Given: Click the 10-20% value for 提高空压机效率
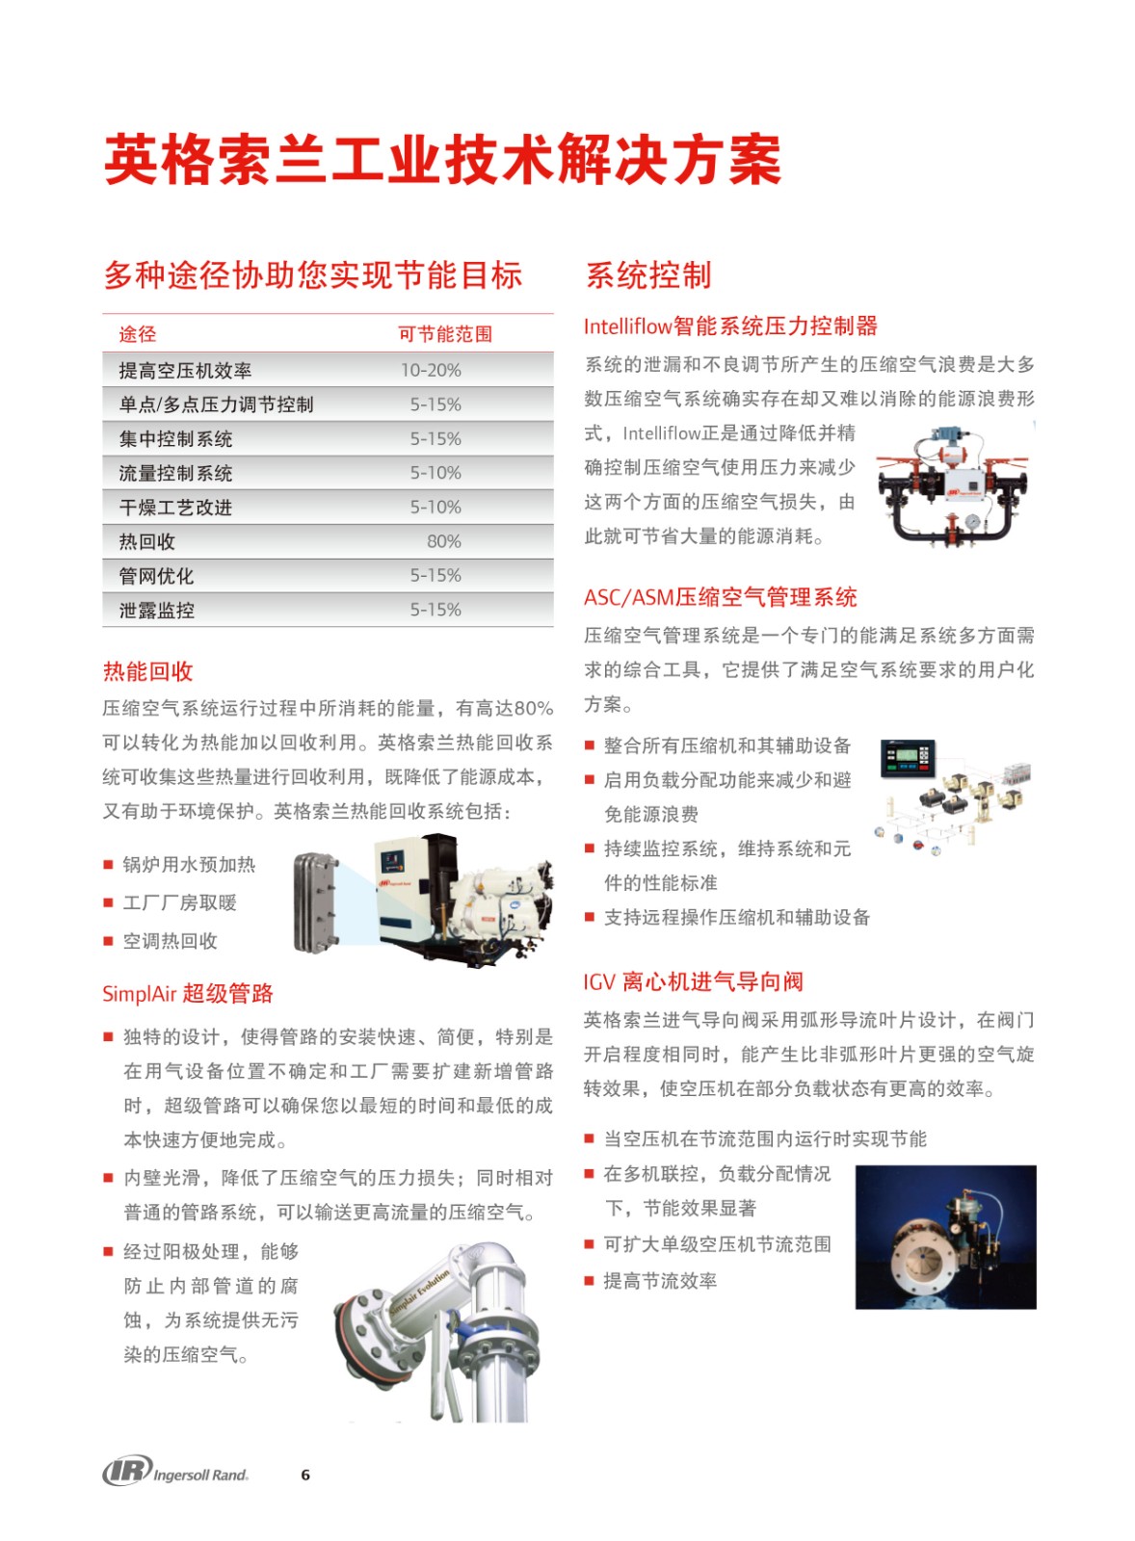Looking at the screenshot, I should point(431,370).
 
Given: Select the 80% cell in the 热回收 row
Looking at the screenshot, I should point(443,541).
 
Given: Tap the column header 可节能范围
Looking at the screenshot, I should point(445,334).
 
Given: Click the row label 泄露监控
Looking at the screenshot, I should point(156,610).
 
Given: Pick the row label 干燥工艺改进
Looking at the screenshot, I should point(175,508).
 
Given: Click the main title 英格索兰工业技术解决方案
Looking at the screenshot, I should point(442,160).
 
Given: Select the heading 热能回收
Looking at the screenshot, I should point(147,671).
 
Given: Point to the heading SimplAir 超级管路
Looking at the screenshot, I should point(188,993).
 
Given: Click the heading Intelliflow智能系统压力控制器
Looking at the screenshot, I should point(730,326).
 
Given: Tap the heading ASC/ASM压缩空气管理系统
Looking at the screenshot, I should point(720,597).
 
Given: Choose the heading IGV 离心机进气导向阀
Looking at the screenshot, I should point(693,981).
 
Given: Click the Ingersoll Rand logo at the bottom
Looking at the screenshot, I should point(175,1471).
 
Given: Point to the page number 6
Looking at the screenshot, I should point(305,1475).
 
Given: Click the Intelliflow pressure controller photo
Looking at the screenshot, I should point(952,486).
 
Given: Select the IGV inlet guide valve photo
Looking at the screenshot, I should point(945,1237).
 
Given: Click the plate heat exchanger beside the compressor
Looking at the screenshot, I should point(316,902).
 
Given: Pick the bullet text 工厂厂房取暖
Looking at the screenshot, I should point(179,902).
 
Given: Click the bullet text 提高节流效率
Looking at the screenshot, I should point(660,1281).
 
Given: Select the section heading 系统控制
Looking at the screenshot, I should point(648,275).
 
